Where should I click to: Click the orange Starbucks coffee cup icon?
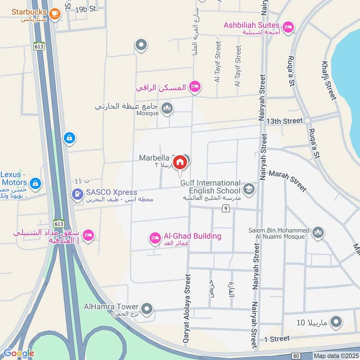pos(55,13)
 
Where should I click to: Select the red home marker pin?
pos(180,162)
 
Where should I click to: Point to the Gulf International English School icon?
pos(248,188)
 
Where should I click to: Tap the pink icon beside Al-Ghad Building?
pos(155,237)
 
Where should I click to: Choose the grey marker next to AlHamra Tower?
pos(146,309)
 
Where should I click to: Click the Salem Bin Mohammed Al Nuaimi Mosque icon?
pos(318,232)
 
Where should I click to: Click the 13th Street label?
pos(284,121)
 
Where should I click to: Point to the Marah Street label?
pos(288,180)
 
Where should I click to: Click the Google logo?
pos(18,353)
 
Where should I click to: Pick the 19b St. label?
pos(86,9)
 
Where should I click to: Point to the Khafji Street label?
pos(329,80)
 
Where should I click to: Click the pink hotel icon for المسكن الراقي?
pos(194,86)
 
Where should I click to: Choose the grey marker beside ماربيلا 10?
pos(336,322)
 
